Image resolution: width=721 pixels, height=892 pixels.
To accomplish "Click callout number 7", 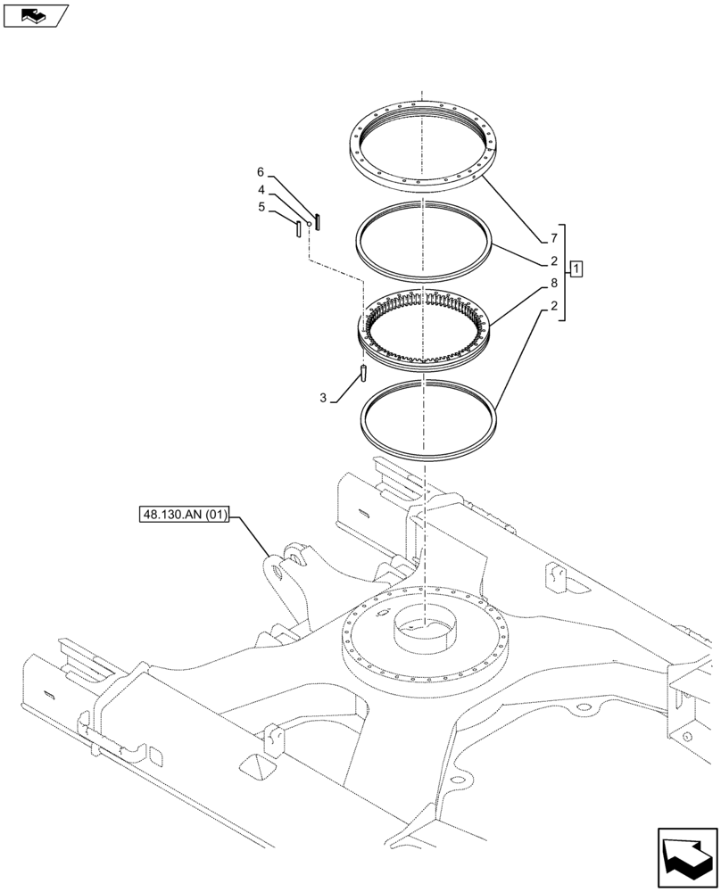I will [553, 238].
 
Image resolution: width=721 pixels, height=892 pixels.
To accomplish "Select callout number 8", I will [553, 284].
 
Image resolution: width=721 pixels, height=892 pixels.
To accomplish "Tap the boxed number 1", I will [577, 268].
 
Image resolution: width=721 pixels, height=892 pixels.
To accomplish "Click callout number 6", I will [261, 171].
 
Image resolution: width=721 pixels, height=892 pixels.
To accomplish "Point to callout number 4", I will [261, 190].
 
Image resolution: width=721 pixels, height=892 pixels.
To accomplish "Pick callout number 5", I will [261, 207].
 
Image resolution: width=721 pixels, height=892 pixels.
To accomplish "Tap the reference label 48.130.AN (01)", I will [185, 515].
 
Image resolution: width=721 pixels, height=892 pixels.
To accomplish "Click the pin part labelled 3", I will [364, 372].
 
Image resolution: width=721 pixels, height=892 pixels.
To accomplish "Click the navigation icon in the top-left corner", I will [35, 15].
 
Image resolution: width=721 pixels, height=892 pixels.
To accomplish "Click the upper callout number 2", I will [553, 261].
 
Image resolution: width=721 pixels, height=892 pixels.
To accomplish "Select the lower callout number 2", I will [553, 307].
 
